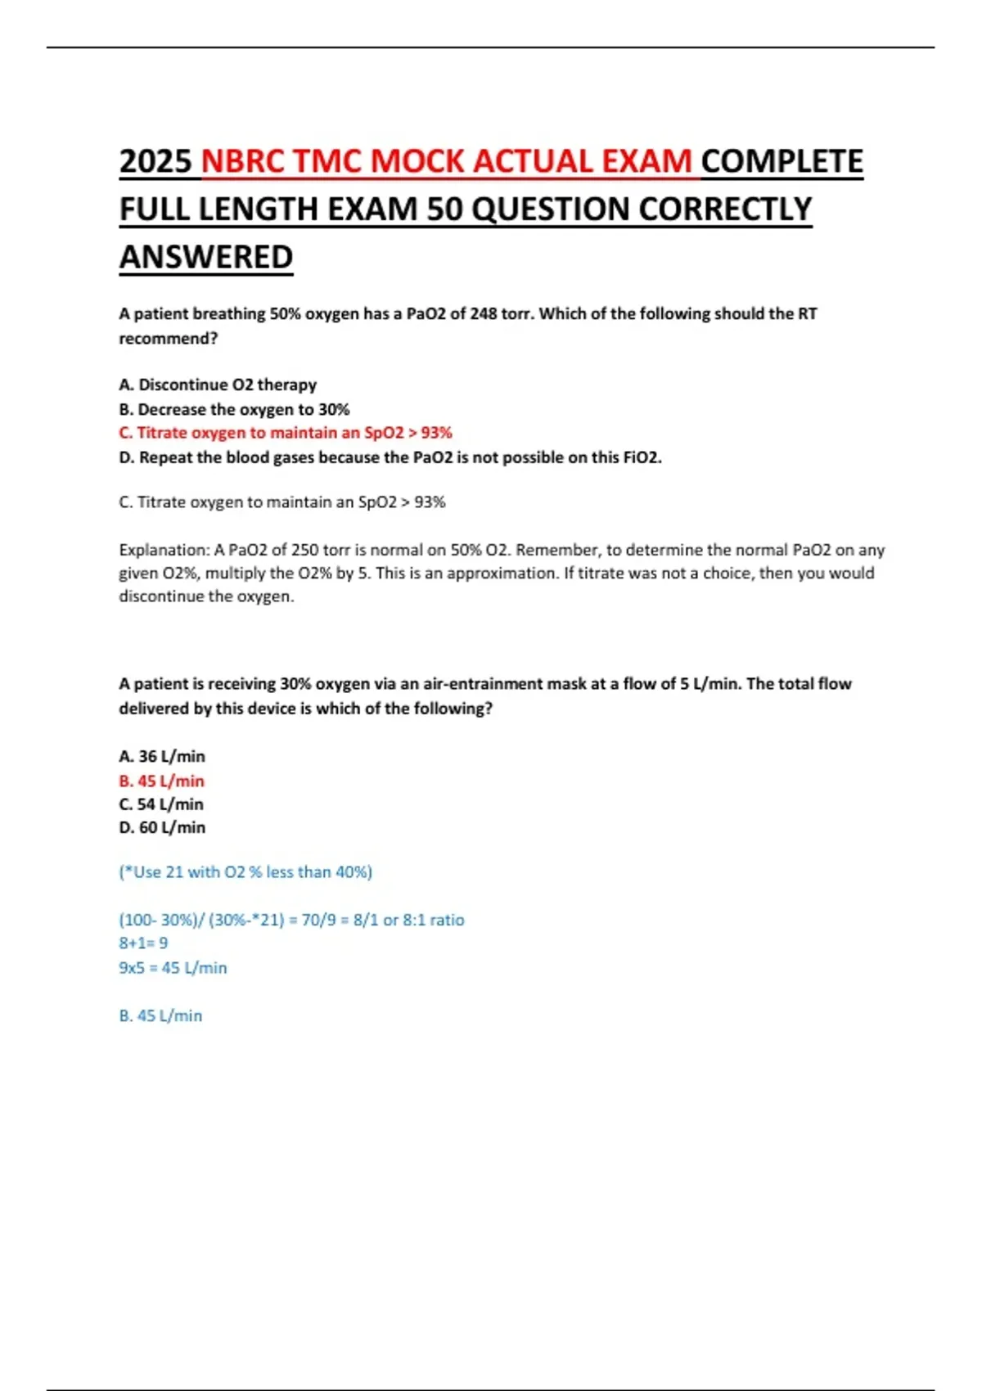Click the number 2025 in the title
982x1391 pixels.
(155, 162)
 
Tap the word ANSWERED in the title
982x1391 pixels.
(206, 257)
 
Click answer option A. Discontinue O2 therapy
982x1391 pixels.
(218, 385)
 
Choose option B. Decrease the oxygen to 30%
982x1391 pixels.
(234, 409)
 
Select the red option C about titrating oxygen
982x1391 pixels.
(286, 433)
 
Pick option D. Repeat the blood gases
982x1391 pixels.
(390, 457)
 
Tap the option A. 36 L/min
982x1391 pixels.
(162, 756)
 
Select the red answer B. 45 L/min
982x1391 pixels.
(162, 781)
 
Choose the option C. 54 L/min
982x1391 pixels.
(161, 804)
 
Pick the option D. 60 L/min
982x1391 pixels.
(162, 827)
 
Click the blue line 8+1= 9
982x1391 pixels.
(143, 943)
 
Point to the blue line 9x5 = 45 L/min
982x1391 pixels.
(173, 967)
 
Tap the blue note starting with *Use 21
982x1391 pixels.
(245, 872)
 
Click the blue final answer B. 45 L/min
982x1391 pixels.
(160, 1015)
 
